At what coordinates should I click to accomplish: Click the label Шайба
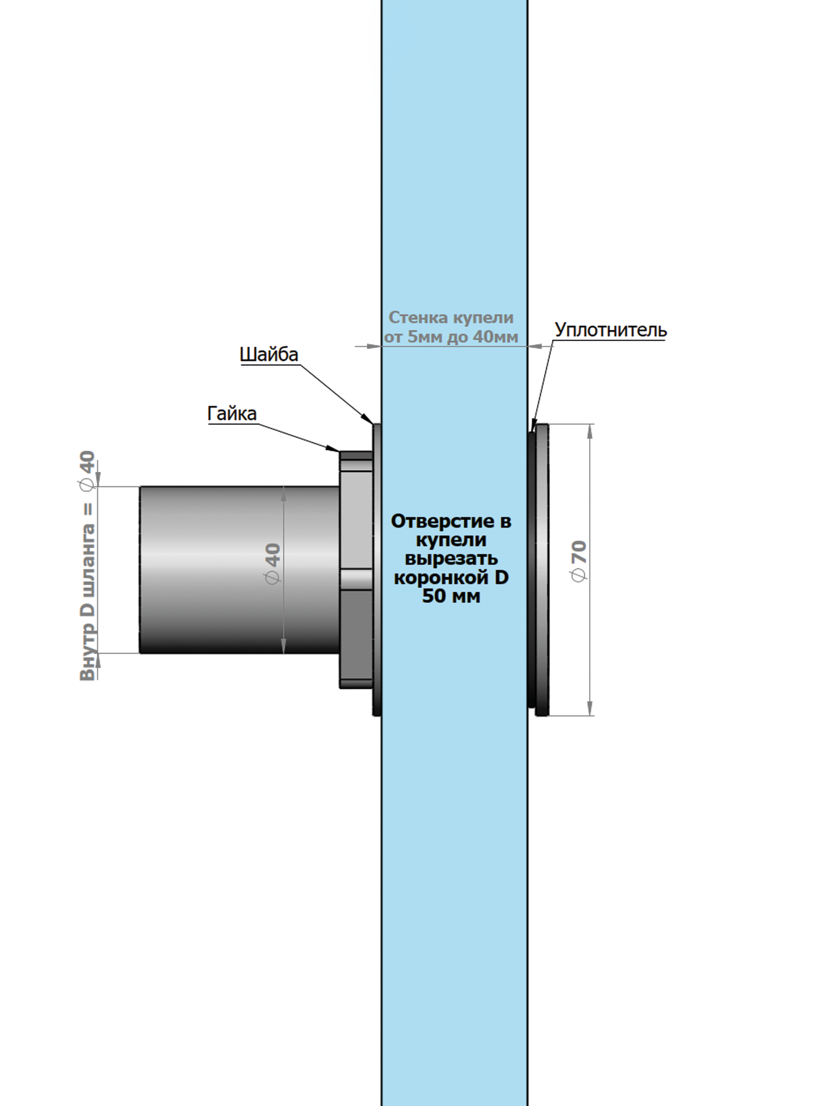(269, 354)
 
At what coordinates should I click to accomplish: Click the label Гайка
(232, 414)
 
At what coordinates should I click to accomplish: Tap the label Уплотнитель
(610, 330)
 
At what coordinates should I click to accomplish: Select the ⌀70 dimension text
(579, 561)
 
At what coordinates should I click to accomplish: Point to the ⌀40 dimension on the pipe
(273, 563)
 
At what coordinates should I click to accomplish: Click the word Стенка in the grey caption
(419, 317)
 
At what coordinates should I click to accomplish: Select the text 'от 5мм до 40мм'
(451, 337)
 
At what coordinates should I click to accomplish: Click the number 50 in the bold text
(433, 596)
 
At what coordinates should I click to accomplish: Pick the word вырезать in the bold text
(451, 559)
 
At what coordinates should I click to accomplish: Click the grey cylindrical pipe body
(238, 570)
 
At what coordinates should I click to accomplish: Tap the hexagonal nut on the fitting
(356, 570)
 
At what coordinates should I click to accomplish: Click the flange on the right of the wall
(541, 570)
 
